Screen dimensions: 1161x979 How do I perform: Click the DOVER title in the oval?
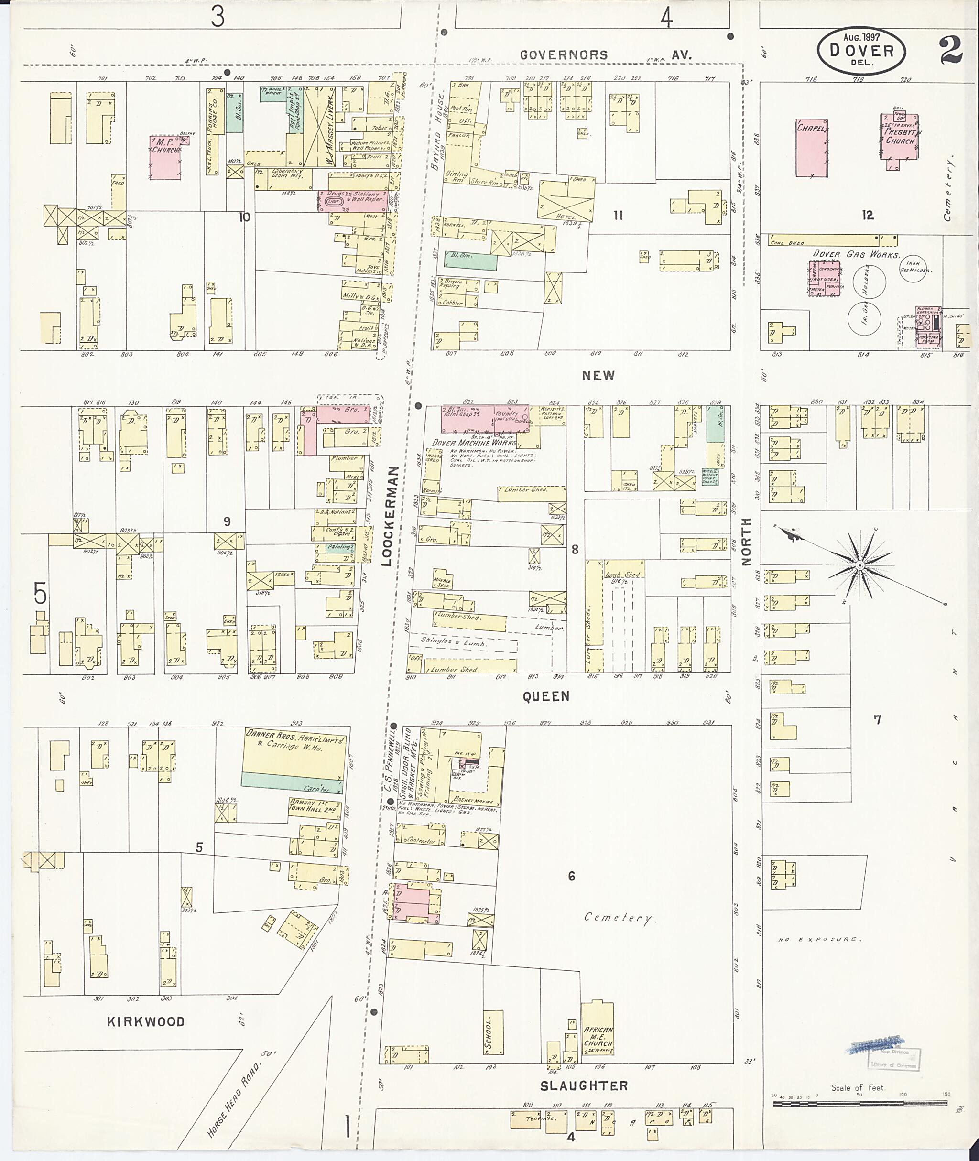[x=861, y=51]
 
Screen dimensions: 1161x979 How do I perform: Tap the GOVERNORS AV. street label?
[x=605, y=55]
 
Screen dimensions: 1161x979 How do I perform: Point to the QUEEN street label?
[x=545, y=696]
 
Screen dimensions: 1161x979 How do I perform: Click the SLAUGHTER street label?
[x=584, y=1085]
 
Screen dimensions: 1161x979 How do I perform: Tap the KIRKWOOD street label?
[x=145, y=1021]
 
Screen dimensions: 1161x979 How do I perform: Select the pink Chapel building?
[x=812, y=148]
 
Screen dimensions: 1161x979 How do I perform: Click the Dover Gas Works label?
[x=855, y=254]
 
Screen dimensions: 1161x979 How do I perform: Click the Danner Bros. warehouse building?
[x=293, y=758]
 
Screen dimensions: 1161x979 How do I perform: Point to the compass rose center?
[x=859, y=565]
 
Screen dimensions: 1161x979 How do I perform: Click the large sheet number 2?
[x=951, y=51]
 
